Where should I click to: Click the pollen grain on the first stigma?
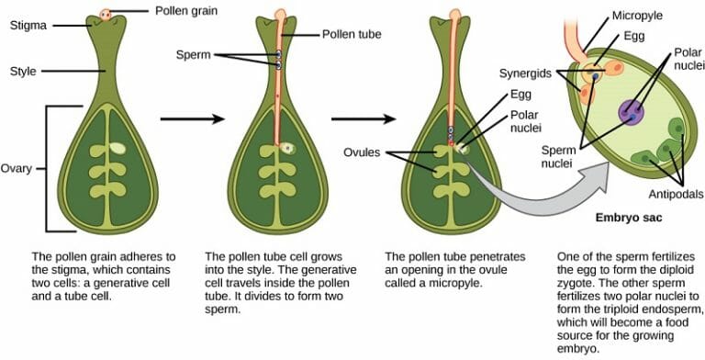point(106,14)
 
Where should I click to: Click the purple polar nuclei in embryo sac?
point(632,113)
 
